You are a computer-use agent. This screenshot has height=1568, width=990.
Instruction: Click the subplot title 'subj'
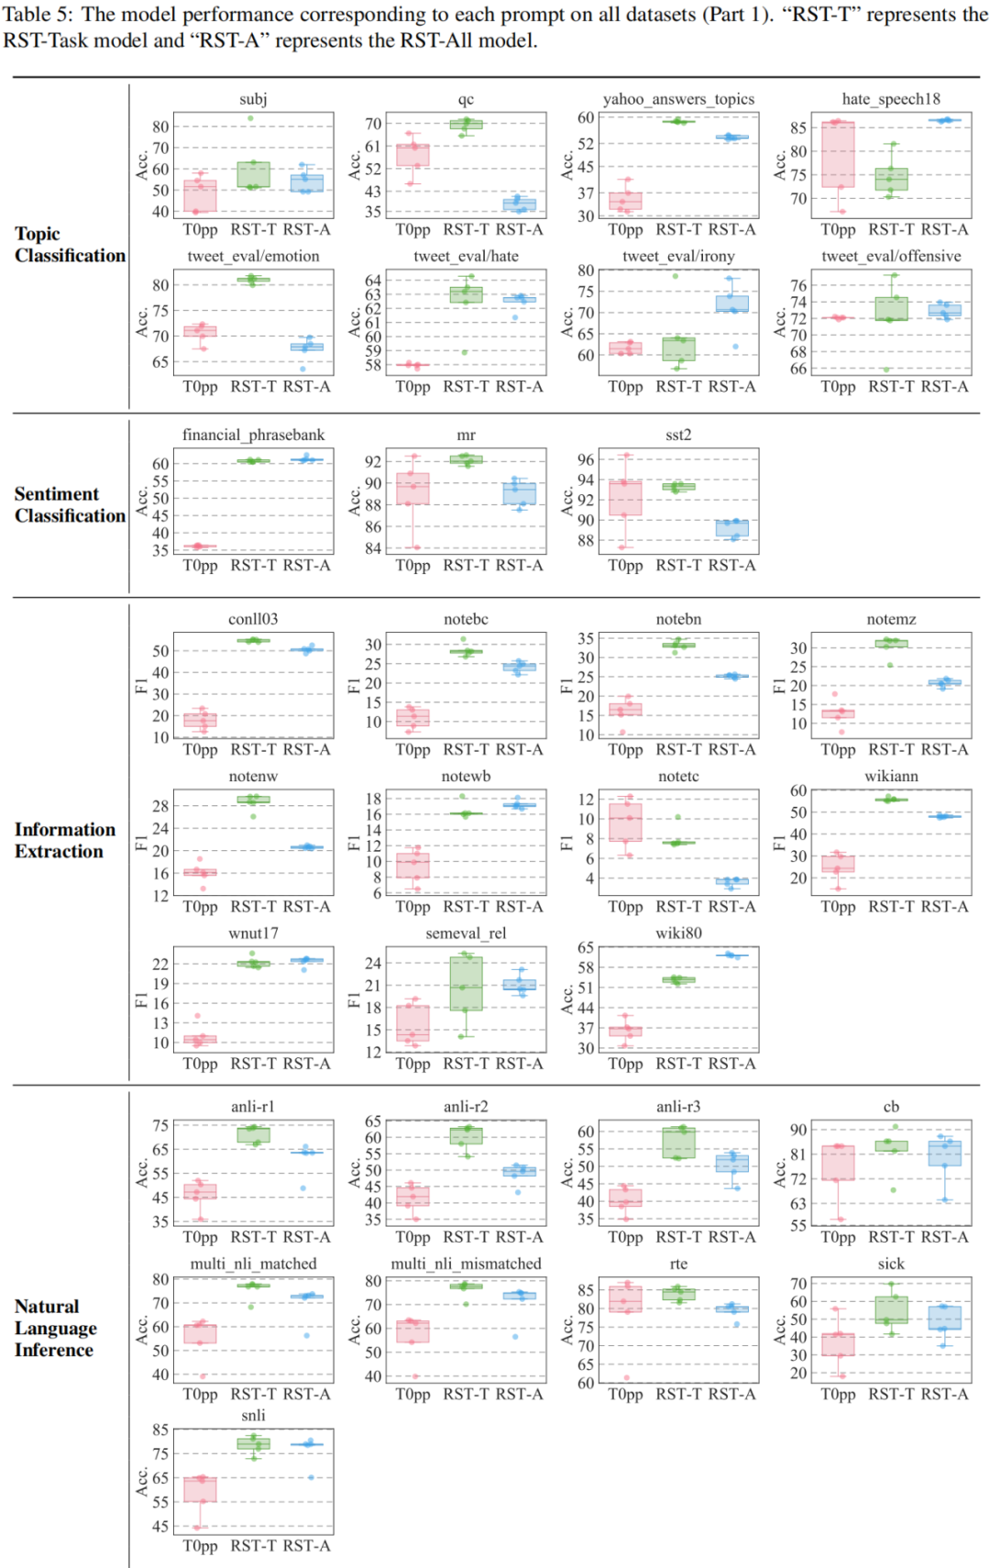click(x=253, y=99)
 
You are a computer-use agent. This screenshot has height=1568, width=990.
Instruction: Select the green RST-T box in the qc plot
click(x=466, y=124)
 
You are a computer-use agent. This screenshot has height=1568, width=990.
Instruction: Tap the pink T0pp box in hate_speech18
click(x=838, y=154)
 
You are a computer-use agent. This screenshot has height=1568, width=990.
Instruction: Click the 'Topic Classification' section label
click(x=70, y=245)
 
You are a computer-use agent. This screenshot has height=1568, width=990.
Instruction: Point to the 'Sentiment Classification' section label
click(x=70, y=505)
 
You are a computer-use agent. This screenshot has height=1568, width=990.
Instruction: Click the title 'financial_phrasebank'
click(x=253, y=435)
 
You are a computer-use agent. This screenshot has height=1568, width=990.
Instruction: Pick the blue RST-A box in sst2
click(x=731, y=528)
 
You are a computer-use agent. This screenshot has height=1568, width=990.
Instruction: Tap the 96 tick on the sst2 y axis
click(x=586, y=459)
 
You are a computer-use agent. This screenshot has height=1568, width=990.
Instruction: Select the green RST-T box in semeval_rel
click(x=466, y=984)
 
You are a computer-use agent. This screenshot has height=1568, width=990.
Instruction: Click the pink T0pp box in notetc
click(x=625, y=822)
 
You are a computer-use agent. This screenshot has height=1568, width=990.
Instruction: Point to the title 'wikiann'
click(x=891, y=776)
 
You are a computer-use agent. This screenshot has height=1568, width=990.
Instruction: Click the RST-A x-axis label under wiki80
click(x=731, y=1064)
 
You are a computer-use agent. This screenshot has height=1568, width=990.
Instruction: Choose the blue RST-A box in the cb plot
click(x=944, y=1154)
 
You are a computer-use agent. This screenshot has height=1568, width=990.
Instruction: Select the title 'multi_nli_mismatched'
click(x=466, y=1264)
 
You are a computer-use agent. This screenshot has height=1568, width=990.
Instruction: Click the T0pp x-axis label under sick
click(x=838, y=1394)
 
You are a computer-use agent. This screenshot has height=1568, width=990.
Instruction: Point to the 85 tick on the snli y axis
click(x=160, y=1430)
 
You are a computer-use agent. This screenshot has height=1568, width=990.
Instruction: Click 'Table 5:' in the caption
click(x=37, y=16)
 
